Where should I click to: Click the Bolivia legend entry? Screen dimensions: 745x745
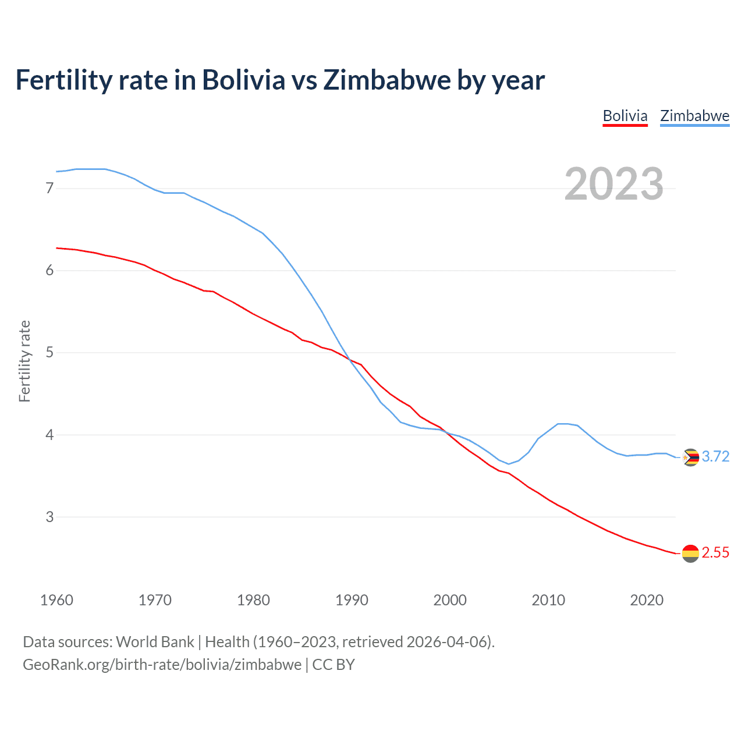click(x=625, y=116)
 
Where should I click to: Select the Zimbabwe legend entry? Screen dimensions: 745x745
click(x=694, y=116)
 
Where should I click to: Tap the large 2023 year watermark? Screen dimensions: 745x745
click(x=614, y=184)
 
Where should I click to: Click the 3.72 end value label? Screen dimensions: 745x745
click(x=715, y=456)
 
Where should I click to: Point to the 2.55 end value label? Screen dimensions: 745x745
click(x=715, y=552)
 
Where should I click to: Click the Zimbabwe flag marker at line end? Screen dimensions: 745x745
click(x=690, y=457)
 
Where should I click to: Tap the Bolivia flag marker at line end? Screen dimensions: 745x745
click(x=690, y=553)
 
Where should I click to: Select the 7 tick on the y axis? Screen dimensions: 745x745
click(x=49, y=188)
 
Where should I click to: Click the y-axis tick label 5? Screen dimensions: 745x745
click(x=49, y=352)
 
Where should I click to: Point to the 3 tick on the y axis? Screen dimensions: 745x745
click(x=49, y=517)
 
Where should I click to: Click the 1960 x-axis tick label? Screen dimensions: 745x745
click(x=56, y=600)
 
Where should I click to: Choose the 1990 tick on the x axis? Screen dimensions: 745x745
click(x=352, y=600)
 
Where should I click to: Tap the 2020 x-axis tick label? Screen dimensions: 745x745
click(x=647, y=600)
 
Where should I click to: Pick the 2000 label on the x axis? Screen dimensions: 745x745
click(x=450, y=600)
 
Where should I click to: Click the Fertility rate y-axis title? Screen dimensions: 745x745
click(x=24, y=361)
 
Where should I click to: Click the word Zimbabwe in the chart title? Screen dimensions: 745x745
click(x=386, y=80)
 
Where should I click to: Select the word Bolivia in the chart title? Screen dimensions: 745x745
click(x=243, y=80)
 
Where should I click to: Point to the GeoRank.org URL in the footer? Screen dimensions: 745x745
click(x=162, y=665)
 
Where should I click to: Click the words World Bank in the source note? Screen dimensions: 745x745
click(x=155, y=642)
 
